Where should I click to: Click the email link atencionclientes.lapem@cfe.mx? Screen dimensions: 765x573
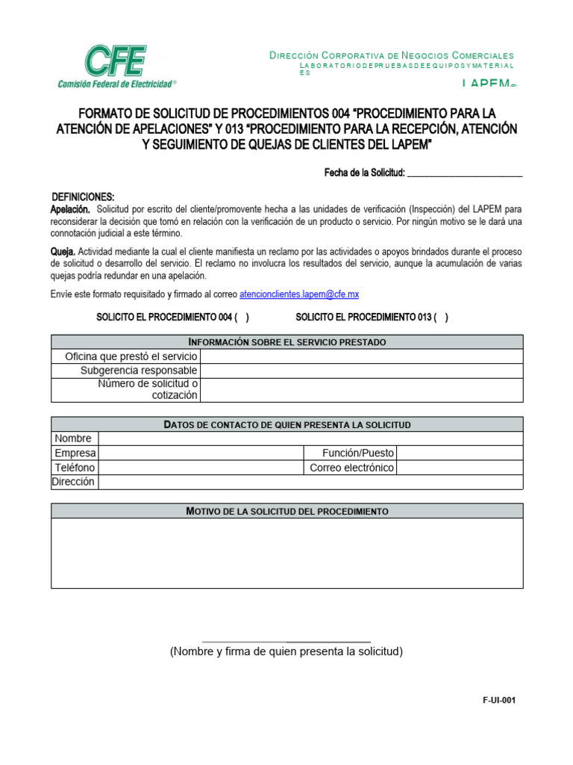[299, 294]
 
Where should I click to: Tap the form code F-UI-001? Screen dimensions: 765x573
[499, 700]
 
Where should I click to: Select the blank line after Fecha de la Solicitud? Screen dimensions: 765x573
[465, 173]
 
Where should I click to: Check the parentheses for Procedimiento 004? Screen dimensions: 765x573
[242, 318]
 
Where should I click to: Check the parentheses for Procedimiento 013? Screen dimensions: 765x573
[441, 318]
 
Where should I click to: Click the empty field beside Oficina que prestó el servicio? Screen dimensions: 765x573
[361, 356]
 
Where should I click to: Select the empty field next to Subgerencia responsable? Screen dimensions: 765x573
[361, 371]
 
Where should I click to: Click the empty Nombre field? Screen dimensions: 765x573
[310, 439]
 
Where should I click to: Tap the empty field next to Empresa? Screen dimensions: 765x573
[201, 453]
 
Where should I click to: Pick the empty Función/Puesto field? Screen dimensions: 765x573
[459, 453]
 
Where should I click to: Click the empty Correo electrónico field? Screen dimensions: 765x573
[459, 468]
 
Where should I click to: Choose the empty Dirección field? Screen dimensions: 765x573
[310, 482]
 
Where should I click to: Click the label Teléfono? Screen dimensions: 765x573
[75, 468]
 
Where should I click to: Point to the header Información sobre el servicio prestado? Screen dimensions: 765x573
[287, 342]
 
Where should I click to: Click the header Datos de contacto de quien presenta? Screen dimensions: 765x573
[287, 424]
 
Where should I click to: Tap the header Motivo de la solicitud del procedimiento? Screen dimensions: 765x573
[287, 511]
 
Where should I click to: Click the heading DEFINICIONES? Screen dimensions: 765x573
[83, 196]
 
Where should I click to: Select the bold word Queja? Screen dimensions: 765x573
[63, 252]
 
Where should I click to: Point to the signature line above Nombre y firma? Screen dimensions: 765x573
[286, 641]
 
